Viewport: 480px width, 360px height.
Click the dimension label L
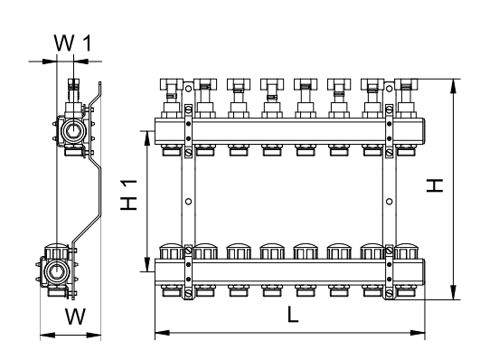pos(293,315)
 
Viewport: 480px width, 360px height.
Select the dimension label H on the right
pos(435,185)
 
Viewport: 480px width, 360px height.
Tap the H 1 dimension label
pos(128,194)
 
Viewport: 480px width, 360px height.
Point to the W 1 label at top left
pos(73,43)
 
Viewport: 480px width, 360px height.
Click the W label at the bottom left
pos(75,317)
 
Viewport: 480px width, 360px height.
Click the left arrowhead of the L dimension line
pos(162,333)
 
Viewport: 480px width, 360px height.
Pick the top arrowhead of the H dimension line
pos(453,86)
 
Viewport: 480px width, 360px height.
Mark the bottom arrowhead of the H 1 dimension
pos(147,264)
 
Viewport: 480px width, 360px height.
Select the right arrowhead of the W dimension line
pos(94,336)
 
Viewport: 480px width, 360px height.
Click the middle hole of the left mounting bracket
pos(189,202)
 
